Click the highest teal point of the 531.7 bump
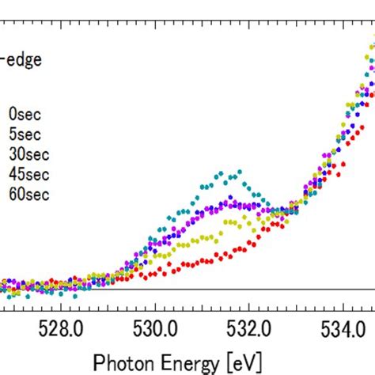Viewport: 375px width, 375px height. [x=235, y=172]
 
